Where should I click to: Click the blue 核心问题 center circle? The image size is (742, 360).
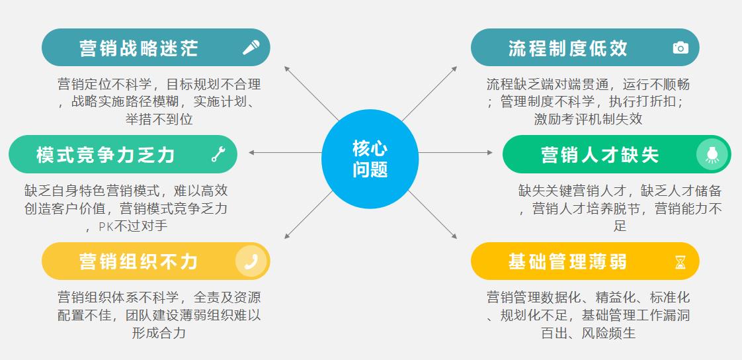click(x=370, y=159)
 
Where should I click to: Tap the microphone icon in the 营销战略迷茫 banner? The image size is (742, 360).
click(x=251, y=48)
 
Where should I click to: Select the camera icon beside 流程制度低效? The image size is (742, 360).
click(x=680, y=48)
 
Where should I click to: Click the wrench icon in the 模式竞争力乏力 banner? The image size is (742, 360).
click(x=218, y=154)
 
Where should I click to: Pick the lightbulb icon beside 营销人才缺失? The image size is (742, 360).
click(x=712, y=154)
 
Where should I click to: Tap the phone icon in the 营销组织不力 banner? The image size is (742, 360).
click(x=251, y=261)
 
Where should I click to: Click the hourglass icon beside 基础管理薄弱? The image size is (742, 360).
click(x=680, y=262)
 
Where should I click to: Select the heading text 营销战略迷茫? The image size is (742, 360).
click(x=138, y=48)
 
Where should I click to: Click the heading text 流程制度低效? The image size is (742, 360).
click(x=567, y=48)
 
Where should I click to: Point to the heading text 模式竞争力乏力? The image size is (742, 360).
click(x=106, y=154)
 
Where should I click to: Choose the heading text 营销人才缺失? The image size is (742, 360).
click(x=600, y=154)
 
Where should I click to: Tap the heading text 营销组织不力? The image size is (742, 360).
click(x=138, y=261)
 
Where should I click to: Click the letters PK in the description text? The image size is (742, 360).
click(x=106, y=226)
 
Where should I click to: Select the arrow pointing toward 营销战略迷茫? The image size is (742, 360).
click(x=311, y=93)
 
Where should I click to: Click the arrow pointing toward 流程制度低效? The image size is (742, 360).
click(x=430, y=93)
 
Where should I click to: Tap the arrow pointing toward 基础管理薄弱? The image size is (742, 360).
click(x=433, y=215)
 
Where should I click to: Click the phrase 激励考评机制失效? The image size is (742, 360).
click(x=588, y=119)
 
